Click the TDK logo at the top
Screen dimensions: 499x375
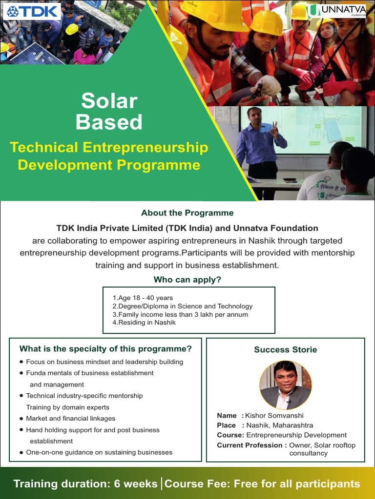pyautogui.click(x=32, y=11)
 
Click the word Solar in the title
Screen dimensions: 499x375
pyautogui.click(x=109, y=101)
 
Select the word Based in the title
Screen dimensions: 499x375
pyautogui.click(x=109, y=122)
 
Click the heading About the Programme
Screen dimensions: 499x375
pyautogui.click(x=187, y=213)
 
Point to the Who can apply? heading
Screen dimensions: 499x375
pyautogui.click(x=187, y=280)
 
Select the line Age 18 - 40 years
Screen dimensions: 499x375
pyautogui.click(x=143, y=298)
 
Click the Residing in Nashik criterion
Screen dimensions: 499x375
pyautogui.click(x=144, y=323)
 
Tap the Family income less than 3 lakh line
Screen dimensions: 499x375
pyautogui.click(x=180, y=314)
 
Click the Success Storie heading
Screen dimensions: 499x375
pyautogui.click(x=285, y=349)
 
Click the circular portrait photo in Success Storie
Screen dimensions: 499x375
pyautogui.click(x=285, y=385)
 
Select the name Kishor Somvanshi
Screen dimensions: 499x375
pyautogui.click(x=274, y=416)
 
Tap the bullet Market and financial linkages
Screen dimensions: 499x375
pyautogui.click(x=70, y=419)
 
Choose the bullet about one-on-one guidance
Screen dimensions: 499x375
pyautogui.click(x=99, y=452)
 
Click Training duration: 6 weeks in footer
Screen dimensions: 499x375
pyautogui.click(x=85, y=484)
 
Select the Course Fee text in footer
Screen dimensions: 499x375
pyautogui.click(x=262, y=484)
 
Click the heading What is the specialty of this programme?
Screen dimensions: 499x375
pyautogui.click(x=105, y=349)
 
